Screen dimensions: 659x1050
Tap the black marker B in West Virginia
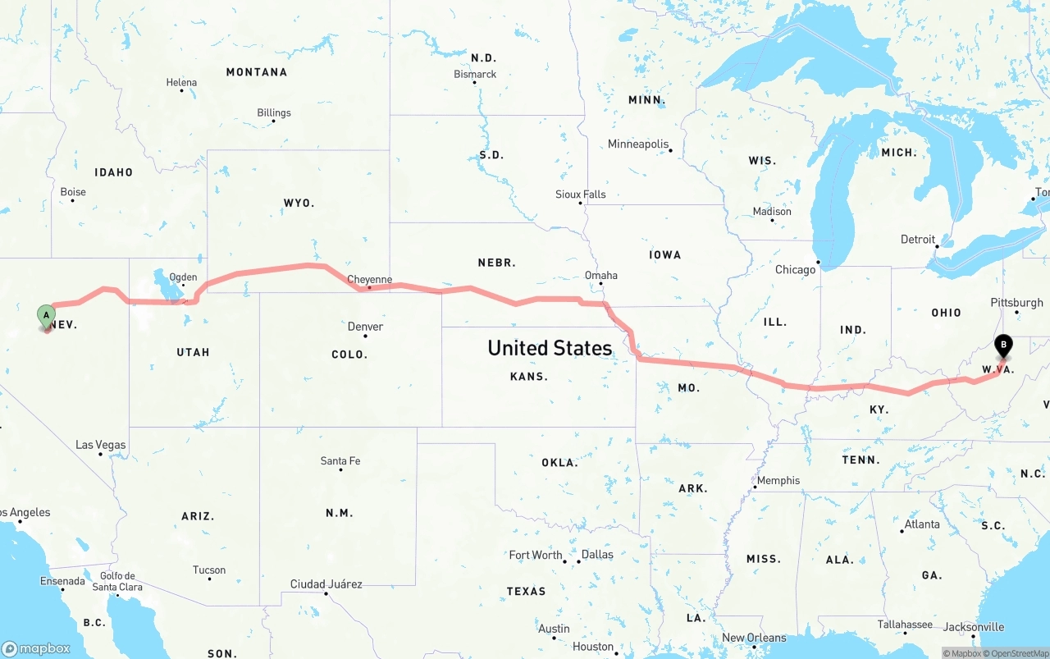(x=1003, y=346)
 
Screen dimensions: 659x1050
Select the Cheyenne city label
(x=369, y=280)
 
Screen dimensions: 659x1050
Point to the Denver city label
(x=365, y=327)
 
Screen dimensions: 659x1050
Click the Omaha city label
(x=600, y=275)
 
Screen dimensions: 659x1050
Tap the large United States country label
(x=550, y=348)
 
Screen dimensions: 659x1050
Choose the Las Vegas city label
(x=101, y=445)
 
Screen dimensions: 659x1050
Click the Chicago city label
(x=796, y=269)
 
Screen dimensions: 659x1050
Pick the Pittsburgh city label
(x=1016, y=302)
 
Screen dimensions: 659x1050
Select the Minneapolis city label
(x=638, y=144)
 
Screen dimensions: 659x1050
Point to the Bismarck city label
(x=475, y=74)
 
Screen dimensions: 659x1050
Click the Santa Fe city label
(x=340, y=461)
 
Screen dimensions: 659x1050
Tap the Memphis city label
(x=778, y=480)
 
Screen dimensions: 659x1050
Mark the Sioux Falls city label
(x=580, y=194)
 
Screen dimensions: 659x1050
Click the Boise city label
(x=73, y=192)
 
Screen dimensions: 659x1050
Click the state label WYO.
(x=299, y=203)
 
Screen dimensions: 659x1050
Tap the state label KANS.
(x=529, y=377)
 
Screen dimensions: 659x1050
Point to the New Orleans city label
(x=754, y=638)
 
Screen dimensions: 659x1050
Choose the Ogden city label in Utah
(x=183, y=277)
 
